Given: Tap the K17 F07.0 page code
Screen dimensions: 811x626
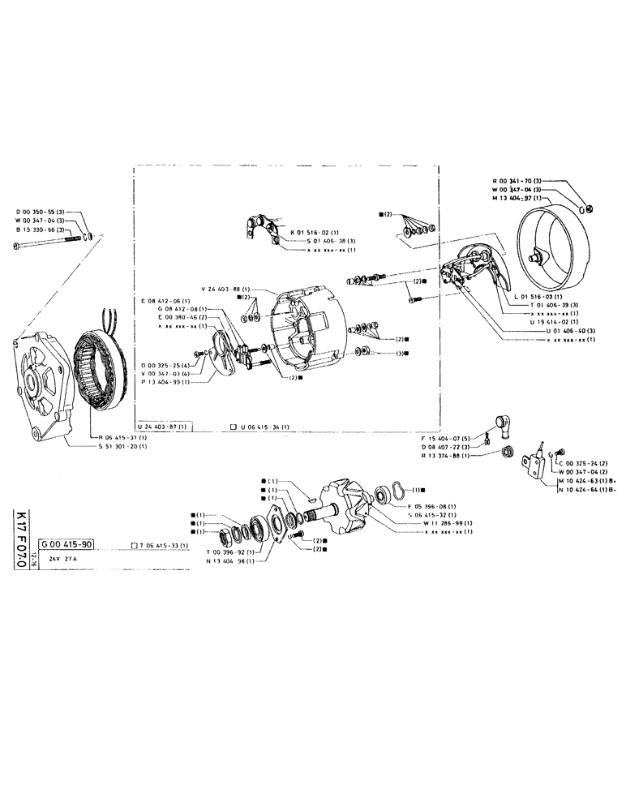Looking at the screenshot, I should click(20, 539).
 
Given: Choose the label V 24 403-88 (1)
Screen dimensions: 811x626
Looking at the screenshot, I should click(225, 290).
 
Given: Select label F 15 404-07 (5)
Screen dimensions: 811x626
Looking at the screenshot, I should click(446, 440).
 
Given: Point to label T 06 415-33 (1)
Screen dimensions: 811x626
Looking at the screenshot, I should click(162, 546).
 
